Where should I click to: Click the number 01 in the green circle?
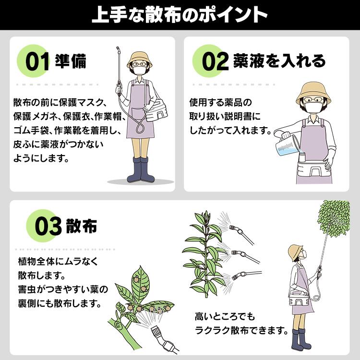(37, 63)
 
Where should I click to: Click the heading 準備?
(71, 62)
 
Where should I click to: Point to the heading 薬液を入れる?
(279, 61)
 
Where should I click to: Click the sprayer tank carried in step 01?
(158, 111)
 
